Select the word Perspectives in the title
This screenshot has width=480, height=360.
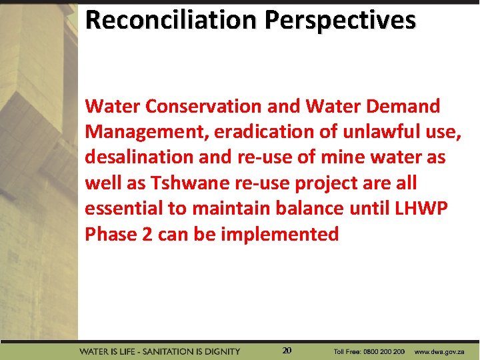(340, 20)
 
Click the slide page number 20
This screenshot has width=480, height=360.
(287, 350)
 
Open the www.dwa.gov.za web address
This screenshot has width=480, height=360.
(439, 351)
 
